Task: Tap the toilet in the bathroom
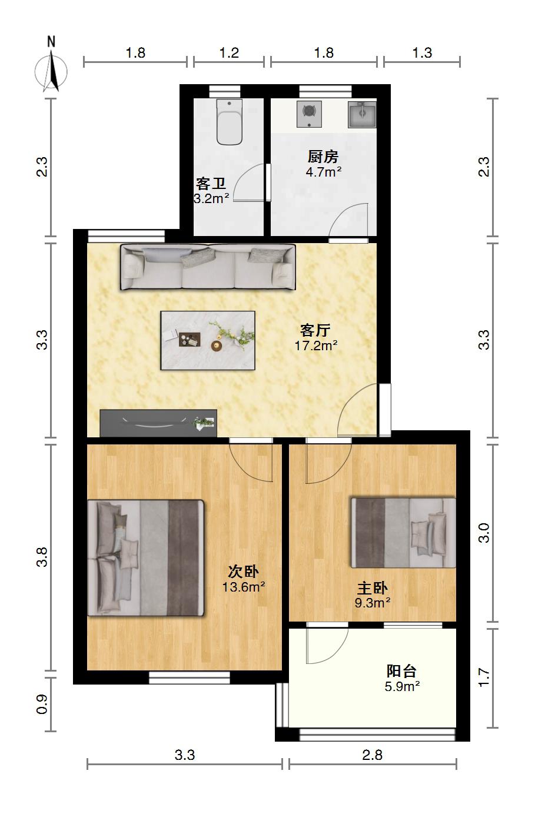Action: pos(230,122)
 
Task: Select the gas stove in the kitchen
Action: pos(309,114)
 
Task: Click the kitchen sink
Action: pos(362,114)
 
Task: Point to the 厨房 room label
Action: pos(323,157)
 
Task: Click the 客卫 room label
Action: pos(211,184)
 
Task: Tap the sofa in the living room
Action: pos(208,267)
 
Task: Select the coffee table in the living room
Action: pos(208,340)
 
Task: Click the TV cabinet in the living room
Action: pos(158,423)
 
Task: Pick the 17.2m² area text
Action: pos(316,346)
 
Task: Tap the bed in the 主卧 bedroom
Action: pos(403,533)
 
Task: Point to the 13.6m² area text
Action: pos(244,587)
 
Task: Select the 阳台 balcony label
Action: pos(402,671)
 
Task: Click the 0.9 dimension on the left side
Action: pos(42,704)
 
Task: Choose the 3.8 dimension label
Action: pos(42,557)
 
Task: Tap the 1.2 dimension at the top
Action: pos(229,53)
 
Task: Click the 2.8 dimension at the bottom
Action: pos(372,755)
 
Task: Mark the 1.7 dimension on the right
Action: pos(484,677)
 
